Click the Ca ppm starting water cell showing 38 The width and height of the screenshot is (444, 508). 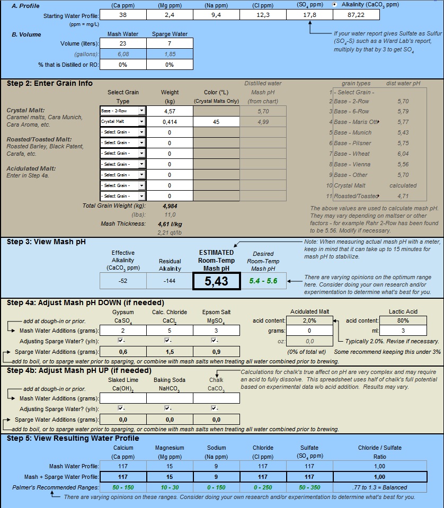123,15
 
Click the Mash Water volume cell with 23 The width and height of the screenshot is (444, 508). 123,43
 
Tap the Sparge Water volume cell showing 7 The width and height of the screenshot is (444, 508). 169,43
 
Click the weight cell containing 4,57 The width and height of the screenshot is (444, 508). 169,111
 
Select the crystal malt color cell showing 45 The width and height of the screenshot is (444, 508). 216,121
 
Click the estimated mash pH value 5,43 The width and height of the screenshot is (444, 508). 216,281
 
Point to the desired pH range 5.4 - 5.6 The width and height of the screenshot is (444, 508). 264,281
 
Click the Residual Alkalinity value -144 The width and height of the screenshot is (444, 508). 170,281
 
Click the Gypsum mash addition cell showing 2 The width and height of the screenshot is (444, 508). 123,331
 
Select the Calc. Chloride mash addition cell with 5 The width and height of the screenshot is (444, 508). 170,331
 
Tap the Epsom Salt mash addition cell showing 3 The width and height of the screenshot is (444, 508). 216,331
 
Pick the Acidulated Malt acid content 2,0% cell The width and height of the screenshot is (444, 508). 309,320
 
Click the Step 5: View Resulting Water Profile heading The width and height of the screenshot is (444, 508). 73,438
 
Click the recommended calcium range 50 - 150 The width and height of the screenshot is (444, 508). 123,487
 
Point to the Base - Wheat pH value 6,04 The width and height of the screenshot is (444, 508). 403,154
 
